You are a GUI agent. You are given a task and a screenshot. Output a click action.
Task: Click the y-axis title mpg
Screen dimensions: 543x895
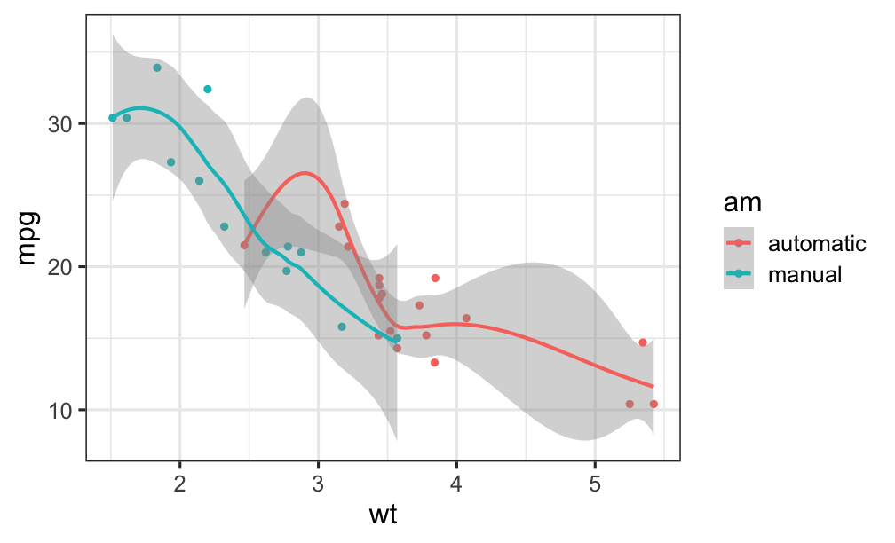28,237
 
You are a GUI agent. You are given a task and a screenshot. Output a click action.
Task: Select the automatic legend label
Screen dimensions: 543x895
816,243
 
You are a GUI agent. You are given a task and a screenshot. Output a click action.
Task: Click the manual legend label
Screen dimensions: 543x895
804,274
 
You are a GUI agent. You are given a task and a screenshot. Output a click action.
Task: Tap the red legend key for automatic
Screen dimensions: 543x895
739,243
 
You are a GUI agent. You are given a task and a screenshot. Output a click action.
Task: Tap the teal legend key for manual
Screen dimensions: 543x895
739,274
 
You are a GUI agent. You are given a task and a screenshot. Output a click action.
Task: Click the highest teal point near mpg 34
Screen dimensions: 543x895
157,67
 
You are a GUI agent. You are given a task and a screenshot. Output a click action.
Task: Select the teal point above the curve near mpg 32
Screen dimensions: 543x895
208,89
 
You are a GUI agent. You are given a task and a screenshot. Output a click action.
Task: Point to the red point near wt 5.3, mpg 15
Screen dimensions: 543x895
643,342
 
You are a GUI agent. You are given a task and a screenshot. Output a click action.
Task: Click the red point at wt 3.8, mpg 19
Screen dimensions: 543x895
435,278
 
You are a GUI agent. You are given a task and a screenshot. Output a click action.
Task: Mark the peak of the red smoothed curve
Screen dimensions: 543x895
305,173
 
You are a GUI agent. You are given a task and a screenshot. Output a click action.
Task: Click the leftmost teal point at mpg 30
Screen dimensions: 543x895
113,118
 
